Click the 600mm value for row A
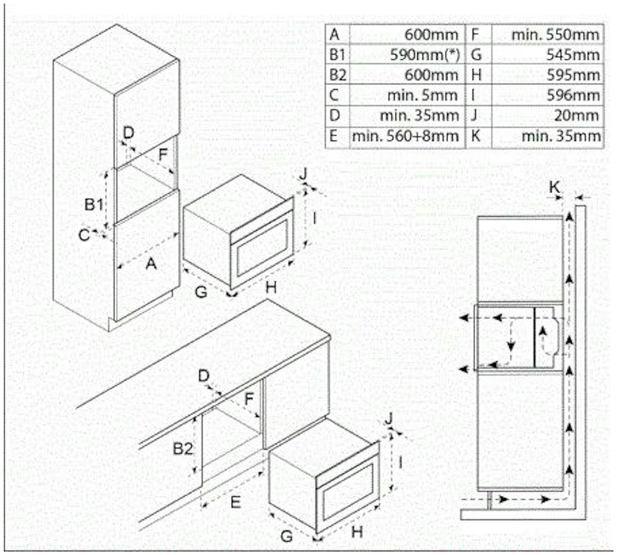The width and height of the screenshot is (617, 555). click(431, 35)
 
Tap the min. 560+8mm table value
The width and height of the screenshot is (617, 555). click(405, 136)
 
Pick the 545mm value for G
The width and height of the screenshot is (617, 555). click(573, 55)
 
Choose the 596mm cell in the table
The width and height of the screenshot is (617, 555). click(573, 95)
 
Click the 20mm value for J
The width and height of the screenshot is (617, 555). click(576, 116)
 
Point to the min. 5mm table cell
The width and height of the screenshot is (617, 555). click(422, 95)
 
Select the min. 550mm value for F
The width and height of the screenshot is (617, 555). click(555, 35)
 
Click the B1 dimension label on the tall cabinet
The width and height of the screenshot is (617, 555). click(94, 204)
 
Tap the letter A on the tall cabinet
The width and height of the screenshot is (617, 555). click(151, 264)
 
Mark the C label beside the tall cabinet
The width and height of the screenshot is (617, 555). click(84, 235)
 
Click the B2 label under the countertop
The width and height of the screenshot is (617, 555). click(183, 449)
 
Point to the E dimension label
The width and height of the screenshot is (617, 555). click(236, 502)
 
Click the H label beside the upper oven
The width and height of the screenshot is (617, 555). click(271, 287)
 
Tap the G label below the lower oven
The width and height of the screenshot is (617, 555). click(286, 536)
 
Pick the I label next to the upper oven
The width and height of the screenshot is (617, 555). click(314, 219)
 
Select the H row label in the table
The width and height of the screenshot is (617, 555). click(476, 75)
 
